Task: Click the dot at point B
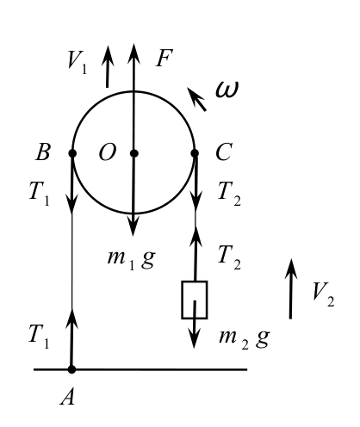point(72,153)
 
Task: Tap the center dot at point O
point(134,153)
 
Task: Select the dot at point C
point(195,153)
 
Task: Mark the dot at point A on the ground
point(71,369)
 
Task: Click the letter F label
point(164,59)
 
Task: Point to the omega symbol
point(227,90)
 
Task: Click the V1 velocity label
point(77,61)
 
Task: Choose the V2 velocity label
point(324,294)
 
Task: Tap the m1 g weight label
point(132,258)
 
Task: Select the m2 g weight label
point(244,338)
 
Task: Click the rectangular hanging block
point(195,300)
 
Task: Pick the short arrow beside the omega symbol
point(196,99)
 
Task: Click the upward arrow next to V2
point(291,289)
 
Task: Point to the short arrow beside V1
point(108,66)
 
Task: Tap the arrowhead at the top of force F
point(133,53)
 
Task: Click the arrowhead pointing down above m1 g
point(133,226)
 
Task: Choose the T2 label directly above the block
point(229,257)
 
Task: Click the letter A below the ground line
point(68,398)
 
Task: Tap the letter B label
point(43,152)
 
